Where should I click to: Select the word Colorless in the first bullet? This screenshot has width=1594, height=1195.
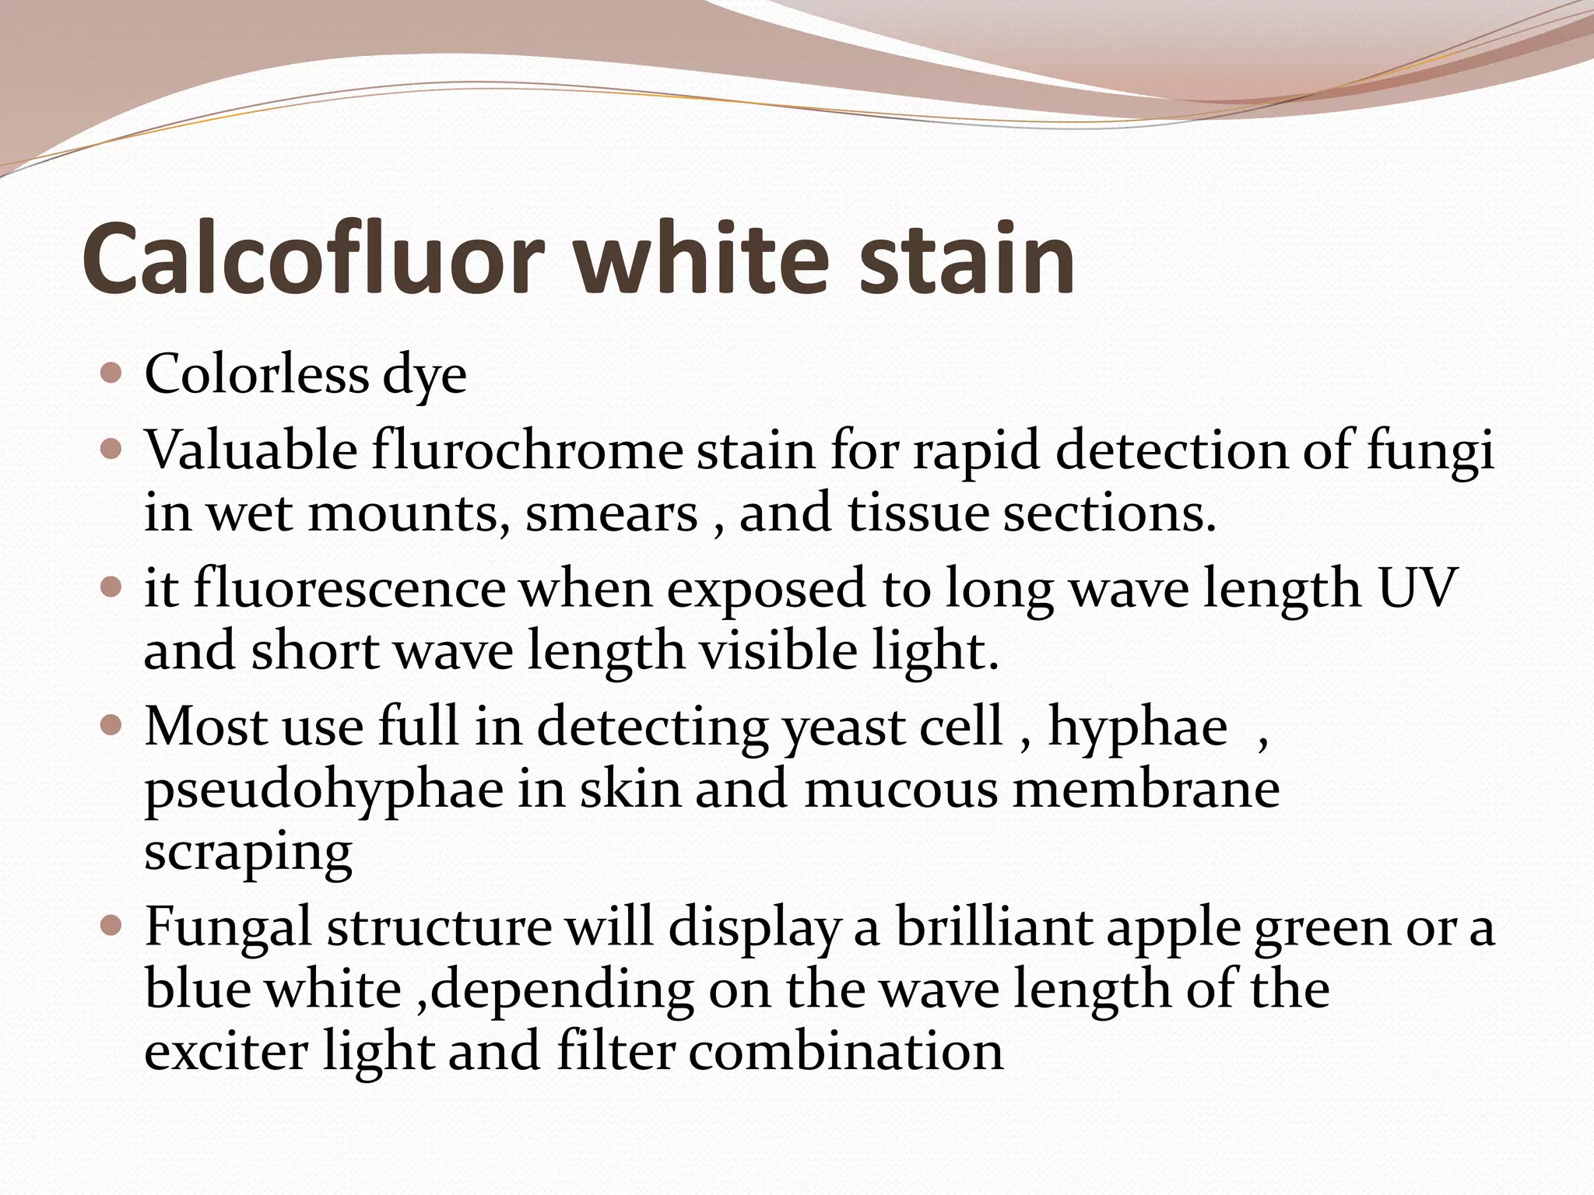click(x=256, y=374)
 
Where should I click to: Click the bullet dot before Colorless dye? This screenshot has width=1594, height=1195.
click(x=112, y=374)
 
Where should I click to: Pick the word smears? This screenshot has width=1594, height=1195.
click(x=612, y=514)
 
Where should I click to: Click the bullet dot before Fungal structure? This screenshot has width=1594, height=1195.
click(x=112, y=926)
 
